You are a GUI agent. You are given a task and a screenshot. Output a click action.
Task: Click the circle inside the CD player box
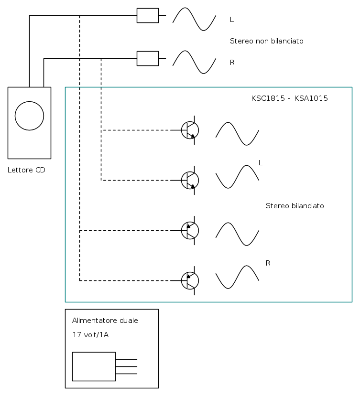(x=29, y=116)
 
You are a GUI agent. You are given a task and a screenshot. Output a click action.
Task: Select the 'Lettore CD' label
(x=26, y=170)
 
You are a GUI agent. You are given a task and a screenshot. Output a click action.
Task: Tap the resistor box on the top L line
(x=147, y=15)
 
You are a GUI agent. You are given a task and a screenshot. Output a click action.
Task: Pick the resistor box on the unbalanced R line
(x=147, y=58)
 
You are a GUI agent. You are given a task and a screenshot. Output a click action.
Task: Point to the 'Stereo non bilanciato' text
(x=266, y=41)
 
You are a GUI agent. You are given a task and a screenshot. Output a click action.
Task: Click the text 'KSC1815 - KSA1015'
(x=289, y=98)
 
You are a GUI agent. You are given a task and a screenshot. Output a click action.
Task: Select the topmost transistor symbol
(x=190, y=130)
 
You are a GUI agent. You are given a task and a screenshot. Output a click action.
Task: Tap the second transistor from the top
(x=190, y=180)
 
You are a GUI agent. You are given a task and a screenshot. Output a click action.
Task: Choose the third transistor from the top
(x=190, y=230)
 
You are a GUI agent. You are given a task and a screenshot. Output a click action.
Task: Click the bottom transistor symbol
(x=190, y=280)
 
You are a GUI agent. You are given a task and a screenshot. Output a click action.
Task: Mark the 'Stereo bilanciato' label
(x=295, y=206)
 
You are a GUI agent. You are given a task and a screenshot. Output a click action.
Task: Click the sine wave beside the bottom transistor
(x=237, y=278)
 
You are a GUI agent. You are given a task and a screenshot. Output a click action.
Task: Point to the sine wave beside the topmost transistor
(x=237, y=134)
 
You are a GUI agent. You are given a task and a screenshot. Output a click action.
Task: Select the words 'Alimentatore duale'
(x=105, y=321)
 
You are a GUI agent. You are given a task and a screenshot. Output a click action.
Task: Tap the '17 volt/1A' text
(x=90, y=335)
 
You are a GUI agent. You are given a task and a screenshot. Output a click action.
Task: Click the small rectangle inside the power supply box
(x=94, y=366)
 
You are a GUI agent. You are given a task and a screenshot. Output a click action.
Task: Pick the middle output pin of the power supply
(x=126, y=366)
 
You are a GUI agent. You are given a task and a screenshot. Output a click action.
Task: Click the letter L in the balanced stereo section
(x=261, y=163)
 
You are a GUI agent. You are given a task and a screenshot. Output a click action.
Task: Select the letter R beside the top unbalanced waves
(x=232, y=63)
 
